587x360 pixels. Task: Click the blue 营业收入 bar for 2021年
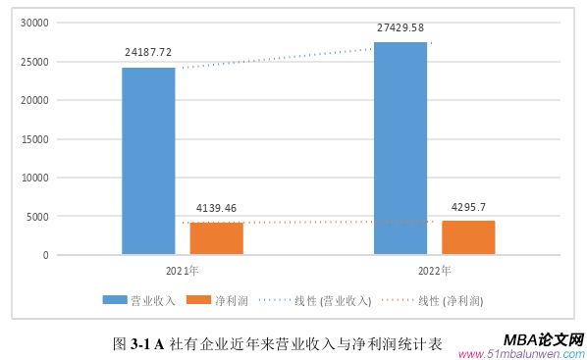(x=148, y=161)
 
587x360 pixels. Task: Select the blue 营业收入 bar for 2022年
(x=400, y=148)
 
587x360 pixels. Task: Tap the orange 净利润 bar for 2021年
(x=216, y=238)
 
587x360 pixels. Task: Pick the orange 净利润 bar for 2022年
(x=468, y=237)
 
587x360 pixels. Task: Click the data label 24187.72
(x=148, y=52)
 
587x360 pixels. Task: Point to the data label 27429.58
(x=400, y=27)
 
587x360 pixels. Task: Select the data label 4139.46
(x=216, y=208)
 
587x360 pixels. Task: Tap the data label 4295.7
(x=468, y=207)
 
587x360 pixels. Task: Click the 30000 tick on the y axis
(x=34, y=23)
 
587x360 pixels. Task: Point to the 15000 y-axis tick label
(x=34, y=139)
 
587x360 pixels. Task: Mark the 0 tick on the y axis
(x=45, y=255)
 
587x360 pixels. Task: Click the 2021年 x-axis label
(x=182, y=271)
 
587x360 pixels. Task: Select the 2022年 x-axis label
(x=434, y=271)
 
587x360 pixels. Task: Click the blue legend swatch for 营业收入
(x=116, y=299)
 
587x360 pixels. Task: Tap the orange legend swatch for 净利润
(x=199, y=299)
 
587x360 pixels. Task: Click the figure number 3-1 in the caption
(x=140, y=344)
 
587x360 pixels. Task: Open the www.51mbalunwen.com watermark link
(x=521, y=354)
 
